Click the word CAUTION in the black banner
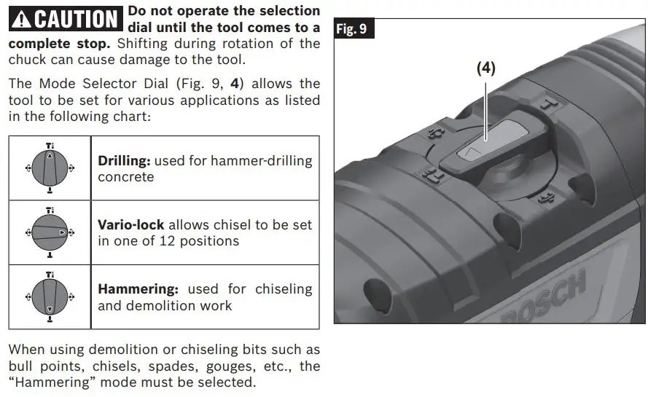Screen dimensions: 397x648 76,19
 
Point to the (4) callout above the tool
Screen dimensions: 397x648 486,68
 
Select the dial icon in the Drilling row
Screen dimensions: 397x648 50,168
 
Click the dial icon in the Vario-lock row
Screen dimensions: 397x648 50,232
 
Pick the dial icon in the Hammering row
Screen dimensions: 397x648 50,296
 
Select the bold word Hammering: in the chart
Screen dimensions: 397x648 139,289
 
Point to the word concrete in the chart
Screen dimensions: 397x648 126,177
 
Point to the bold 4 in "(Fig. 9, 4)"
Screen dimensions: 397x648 235,84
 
